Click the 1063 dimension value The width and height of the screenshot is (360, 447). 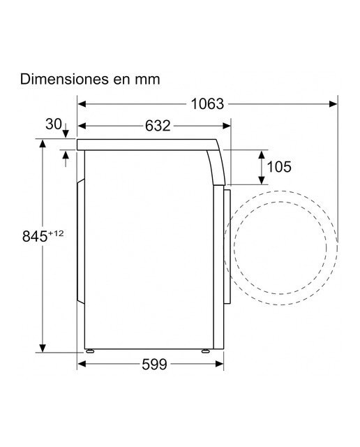[207, 104]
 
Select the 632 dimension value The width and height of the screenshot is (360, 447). [158, 126]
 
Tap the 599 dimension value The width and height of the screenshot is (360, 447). [154, 364]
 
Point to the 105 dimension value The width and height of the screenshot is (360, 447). [279, 167]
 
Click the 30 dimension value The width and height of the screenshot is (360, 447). [54, 124]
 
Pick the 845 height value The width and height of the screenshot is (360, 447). [35, 236]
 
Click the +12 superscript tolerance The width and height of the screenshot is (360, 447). [56, 233]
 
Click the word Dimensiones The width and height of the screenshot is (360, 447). [64, 79]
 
